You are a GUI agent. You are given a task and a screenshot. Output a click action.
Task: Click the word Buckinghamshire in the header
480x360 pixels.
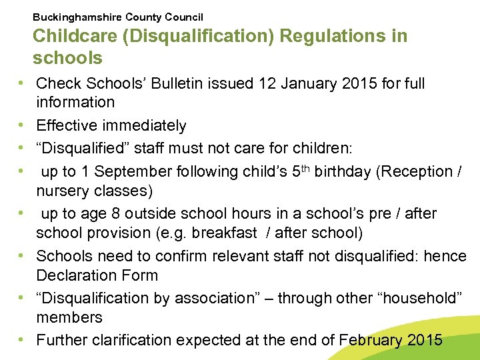pyautogui.click(x=73, y=17)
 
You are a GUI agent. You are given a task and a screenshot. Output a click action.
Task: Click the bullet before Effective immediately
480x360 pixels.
pyautogui.click(x=23, y=125)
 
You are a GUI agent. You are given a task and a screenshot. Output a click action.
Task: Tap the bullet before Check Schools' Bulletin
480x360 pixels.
pyautogui.click(x=23, y=83)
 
